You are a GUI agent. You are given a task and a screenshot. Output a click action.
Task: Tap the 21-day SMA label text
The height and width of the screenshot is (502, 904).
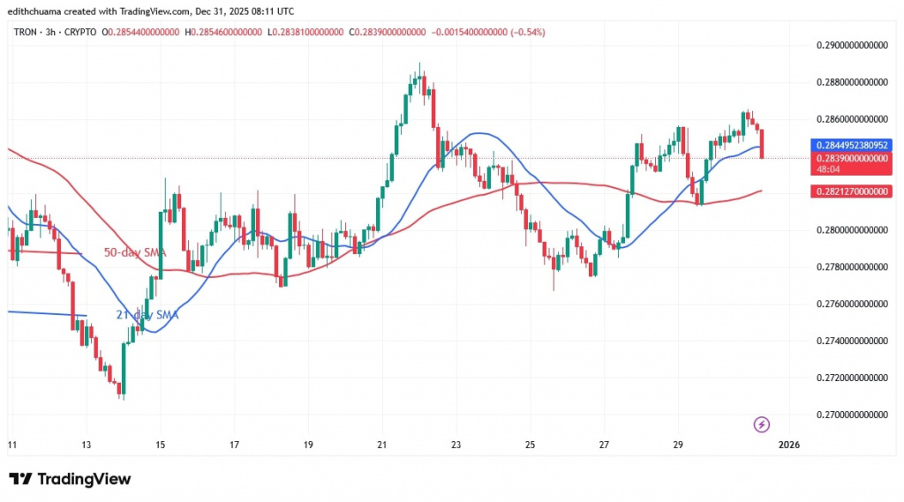point(148,315)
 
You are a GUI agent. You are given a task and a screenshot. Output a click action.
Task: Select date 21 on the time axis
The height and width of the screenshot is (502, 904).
point(381,444)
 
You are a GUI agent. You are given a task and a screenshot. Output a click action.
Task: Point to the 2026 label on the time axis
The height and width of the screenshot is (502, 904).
point(788,444)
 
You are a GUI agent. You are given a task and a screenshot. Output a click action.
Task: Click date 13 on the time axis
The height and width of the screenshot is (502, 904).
point(86,444)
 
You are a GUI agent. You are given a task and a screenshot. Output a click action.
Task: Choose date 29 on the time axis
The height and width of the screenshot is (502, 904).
point(678,444)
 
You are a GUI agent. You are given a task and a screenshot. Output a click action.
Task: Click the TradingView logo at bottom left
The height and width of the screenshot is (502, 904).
point(71,479)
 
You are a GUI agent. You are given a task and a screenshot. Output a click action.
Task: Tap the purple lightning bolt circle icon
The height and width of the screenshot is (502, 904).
point(762,424)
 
